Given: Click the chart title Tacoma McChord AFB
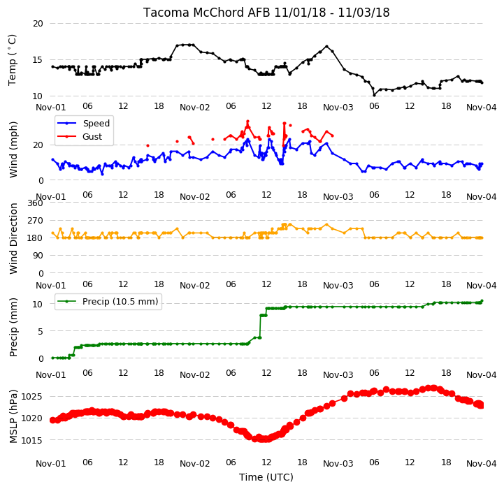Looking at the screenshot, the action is click(207, 13).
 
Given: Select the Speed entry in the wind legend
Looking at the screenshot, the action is click(96, 124).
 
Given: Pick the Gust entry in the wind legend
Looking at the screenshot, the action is click(92, 137).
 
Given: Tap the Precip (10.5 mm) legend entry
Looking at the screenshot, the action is click(120, 302).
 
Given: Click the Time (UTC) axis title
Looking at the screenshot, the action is click(266, 477).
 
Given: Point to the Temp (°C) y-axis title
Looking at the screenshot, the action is click(12, 60).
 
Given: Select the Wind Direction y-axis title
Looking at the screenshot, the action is click(13, 238).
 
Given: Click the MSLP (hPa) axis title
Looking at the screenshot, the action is click(13, 416).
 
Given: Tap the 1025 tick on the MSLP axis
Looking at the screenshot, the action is click(31, 397).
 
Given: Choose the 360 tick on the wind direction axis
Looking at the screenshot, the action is click(35, 203).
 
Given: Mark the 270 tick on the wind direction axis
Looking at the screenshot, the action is click(35, 221).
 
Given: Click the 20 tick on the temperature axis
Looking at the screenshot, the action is click(38, 24).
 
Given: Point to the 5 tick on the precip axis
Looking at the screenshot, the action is click(40, 331).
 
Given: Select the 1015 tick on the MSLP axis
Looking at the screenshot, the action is click(31, 441).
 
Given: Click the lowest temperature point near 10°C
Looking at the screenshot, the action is click(374, 95).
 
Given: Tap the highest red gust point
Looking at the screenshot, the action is click(247, 122).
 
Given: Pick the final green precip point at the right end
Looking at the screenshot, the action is click(482, 301).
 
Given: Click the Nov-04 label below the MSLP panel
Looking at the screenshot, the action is click(481, 464).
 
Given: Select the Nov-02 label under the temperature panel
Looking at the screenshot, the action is click(194, 108).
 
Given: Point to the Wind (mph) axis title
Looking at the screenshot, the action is click(13, 149).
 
